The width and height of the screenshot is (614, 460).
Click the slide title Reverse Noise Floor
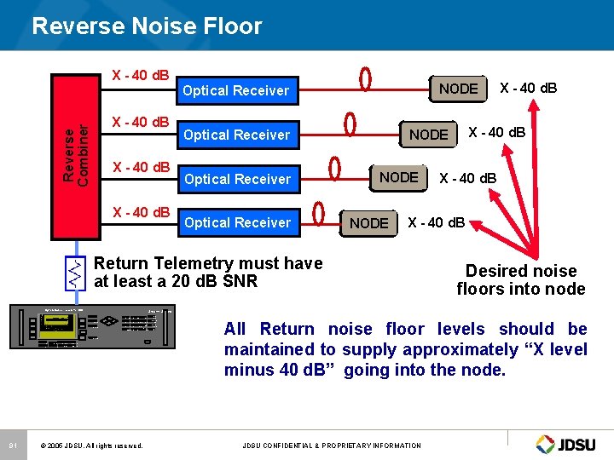[147, 26]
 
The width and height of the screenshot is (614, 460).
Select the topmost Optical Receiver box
[236, 90]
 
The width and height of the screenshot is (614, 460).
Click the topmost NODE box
[458, 89]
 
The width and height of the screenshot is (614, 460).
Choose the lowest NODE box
[369, 223]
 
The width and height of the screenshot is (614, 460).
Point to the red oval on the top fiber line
[365, 79]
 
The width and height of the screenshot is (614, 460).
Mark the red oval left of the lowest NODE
[319, 210]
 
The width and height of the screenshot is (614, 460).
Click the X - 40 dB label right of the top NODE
[528, 88]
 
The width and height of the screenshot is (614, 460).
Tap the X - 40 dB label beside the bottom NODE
[437, 223]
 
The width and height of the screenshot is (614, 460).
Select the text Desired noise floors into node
[520, 279]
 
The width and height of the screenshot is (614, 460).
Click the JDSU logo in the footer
[570, 444]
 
